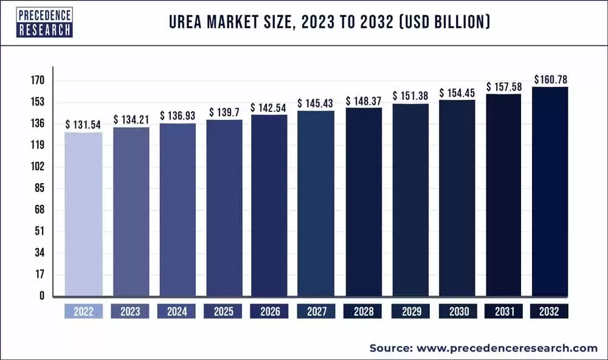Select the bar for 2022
[83, 213]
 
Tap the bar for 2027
[316, 204]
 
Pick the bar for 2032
[550, 192]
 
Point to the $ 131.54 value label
[84, 124]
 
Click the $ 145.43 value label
[316, 104]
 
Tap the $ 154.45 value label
[457, 92]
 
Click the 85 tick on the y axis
[40, 189]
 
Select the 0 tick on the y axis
[42, 296]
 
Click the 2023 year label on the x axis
[130, 311]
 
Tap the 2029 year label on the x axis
[410, 311]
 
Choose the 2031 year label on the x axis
[503, 311]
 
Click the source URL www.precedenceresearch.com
[506, 348]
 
